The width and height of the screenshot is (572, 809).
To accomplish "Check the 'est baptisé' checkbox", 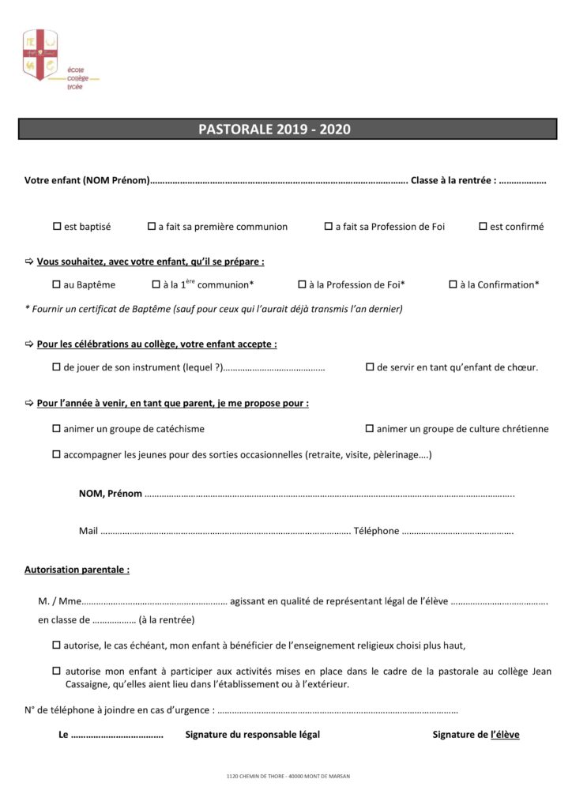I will pos(57,227).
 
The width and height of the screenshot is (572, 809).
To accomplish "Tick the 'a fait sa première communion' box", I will pos(152,227).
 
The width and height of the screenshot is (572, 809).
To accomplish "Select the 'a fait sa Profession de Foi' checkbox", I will pos(329,227).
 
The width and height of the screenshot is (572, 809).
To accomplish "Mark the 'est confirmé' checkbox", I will pos(483,227).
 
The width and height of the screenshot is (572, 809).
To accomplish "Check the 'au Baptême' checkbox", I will pos(57,284).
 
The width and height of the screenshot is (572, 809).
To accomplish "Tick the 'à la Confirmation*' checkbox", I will pos(453,284).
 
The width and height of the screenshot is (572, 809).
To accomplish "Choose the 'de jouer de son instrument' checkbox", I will pos(57,367).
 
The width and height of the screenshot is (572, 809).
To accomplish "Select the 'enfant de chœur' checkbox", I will pos(370,367).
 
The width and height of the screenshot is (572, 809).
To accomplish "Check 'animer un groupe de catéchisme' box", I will pos(57,429).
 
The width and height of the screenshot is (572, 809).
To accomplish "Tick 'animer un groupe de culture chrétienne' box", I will pos(370,429).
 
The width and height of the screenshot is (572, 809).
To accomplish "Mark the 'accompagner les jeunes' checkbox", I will pos(57,455).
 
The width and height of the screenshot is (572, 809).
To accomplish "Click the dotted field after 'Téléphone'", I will pos(458,532).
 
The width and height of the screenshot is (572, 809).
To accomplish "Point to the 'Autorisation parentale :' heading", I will pos(77,569).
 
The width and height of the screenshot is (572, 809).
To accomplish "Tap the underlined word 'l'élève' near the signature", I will pos(505,735).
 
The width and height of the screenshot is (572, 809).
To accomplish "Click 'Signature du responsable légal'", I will pos(253,735).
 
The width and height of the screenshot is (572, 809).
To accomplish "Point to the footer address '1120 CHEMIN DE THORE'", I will pos(286,777).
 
